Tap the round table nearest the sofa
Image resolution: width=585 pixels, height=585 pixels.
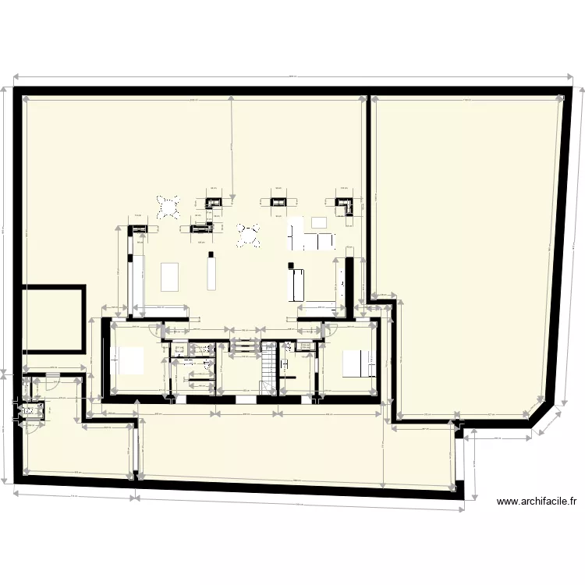(x=248, y=234)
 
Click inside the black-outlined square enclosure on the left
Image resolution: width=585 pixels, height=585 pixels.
(x=53, y=318)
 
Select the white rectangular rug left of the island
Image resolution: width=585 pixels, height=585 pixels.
(x=170, y=277)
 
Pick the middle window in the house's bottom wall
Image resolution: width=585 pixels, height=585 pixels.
(x=245, y=399)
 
